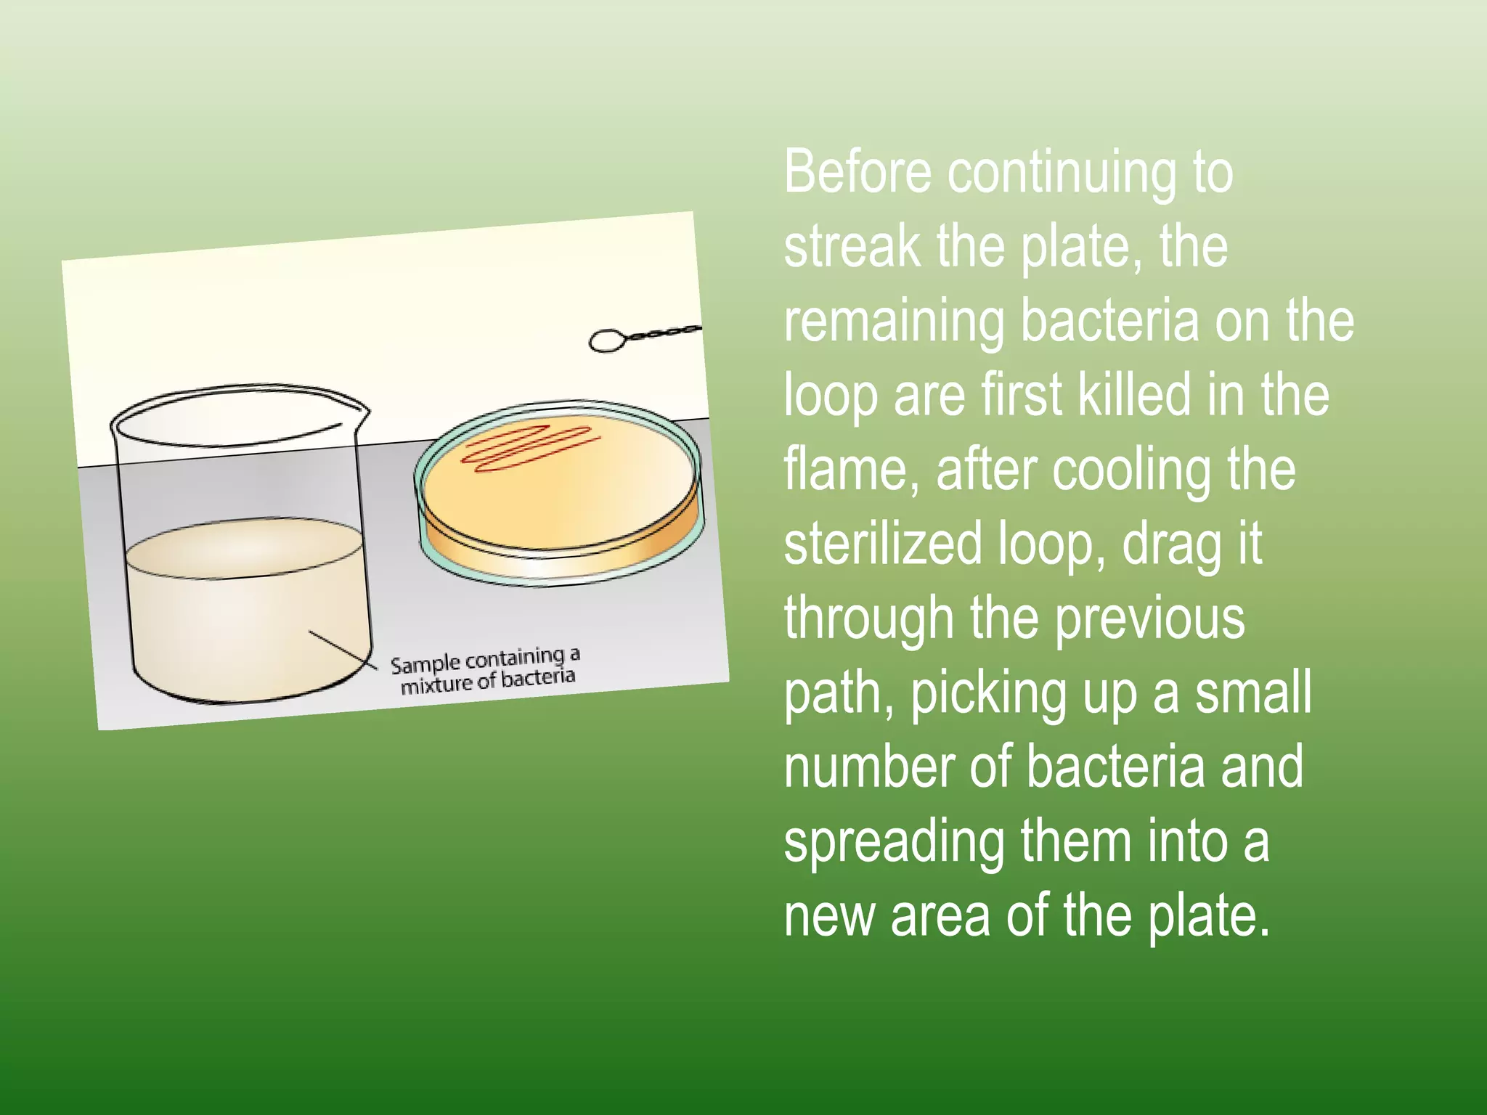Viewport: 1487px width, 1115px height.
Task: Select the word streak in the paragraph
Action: click(x=851, y=247)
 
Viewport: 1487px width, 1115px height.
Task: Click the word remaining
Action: click(x=893, y=322)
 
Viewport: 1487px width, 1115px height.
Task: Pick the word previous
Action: click(x=1149, y=619)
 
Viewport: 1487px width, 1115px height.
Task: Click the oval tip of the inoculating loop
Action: click(x=606, y=340)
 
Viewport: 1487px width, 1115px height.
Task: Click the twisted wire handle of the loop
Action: click(x=664, y=332)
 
